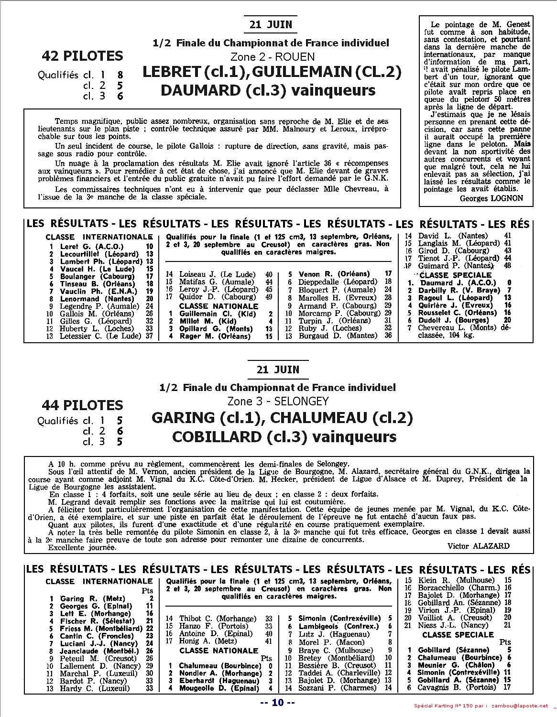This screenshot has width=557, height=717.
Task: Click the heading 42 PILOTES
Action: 82,56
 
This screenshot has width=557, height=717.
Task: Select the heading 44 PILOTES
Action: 82,405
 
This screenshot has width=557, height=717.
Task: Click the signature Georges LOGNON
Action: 491,198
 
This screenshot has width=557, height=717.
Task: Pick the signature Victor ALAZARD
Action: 479,546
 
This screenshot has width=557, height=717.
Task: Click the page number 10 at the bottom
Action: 278,702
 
